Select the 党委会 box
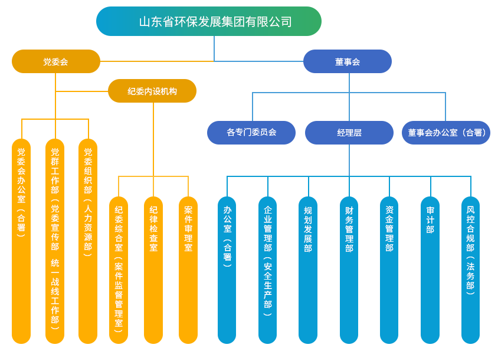[56, 61]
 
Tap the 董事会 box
[348, 61]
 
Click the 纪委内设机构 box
[152, 91]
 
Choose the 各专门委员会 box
[251, 132]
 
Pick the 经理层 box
[349, 132]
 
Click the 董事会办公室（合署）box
[445, 132]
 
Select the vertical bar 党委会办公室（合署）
[21, 240]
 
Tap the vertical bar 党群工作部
[55, 240]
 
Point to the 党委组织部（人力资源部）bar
[88, 240]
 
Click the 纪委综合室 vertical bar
[119, 269]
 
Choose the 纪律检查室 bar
[153, 269]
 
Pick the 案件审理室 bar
[188, 269]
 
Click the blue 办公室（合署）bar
[227, 269]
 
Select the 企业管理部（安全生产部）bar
[267, 269]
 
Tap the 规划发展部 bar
[307, 269]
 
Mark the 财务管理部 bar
[349, 269]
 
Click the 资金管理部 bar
[389, 269]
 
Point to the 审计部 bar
[430, 269]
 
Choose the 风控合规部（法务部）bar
[470, 269]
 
